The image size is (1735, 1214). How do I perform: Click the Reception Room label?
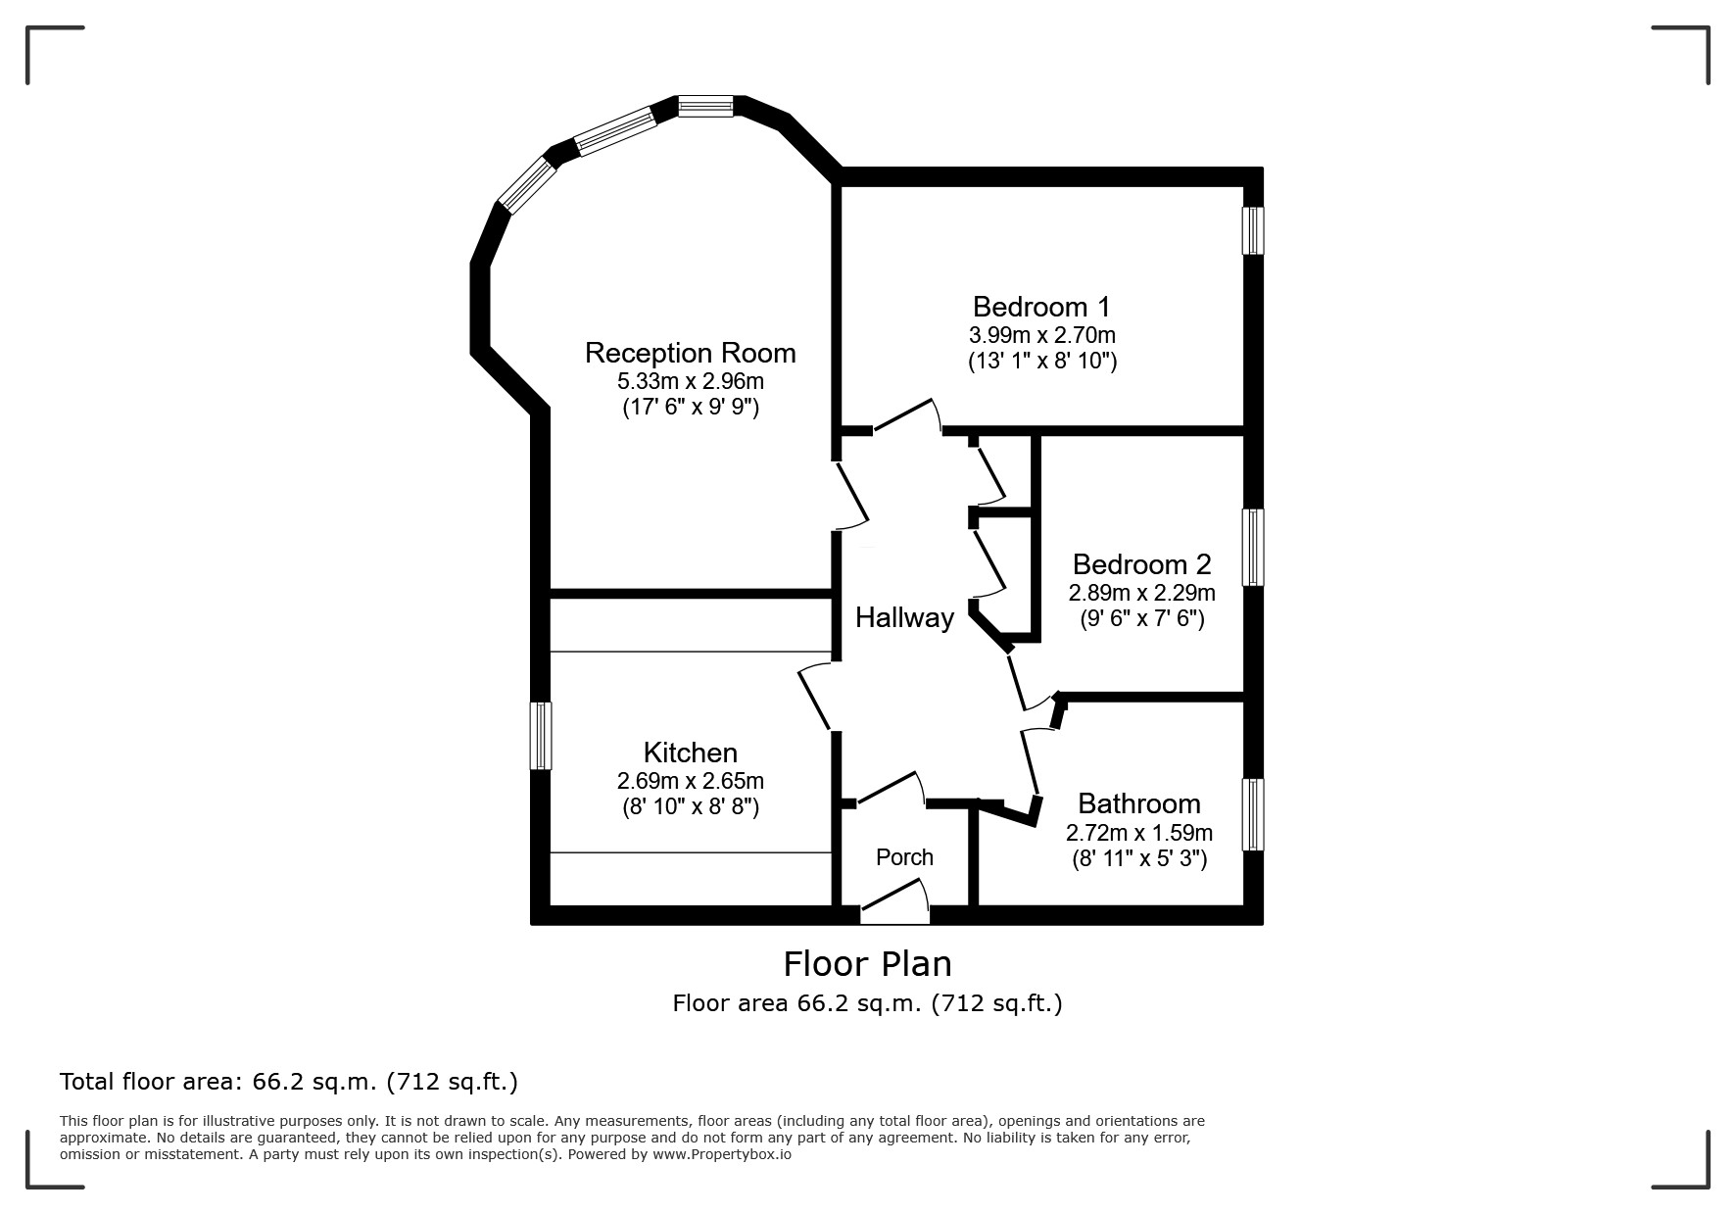click(x=690, y=353)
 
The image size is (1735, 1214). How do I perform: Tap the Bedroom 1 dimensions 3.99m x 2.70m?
click(x=1042, y=335)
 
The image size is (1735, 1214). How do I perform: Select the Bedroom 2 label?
click(x=1141, y=564)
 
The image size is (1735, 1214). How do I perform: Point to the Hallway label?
click(x=904, y=617)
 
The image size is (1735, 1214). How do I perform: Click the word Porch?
click(x=904, y=857)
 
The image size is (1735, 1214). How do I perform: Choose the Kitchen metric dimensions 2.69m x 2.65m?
click(x=690, y=781)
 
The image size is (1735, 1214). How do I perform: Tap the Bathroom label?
click(x=1138, y=803)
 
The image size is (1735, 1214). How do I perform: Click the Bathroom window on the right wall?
click(x=1252, y=814)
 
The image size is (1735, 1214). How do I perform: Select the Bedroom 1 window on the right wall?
click(x=1252, y=230)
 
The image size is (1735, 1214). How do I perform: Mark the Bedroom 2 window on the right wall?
click(x=1252, y=547)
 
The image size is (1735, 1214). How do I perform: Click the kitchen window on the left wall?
click(x=541, y=735)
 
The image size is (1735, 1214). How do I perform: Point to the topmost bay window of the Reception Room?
click(x=705, y=106)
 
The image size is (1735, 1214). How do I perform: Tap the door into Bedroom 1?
click(x=905, y=415)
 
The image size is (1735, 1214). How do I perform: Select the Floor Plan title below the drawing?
click(x=867, y=964)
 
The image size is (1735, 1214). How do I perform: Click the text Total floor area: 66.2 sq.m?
click(x=288, y=1082)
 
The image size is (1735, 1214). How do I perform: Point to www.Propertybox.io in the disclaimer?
click(x=722, y=1154)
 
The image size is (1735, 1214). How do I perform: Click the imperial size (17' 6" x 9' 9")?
click(x=691, y=407)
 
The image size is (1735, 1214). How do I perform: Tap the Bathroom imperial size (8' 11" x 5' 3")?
click(x=1138, y=859)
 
